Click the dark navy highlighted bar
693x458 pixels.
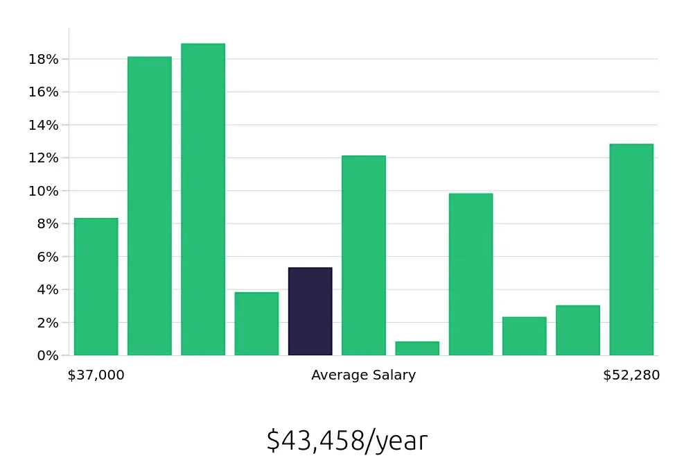click(x=310, y=312)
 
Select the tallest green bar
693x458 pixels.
click(x=203, y=199)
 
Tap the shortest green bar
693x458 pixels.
click(x=417, y=348)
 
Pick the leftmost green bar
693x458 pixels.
click(x=96, y=287)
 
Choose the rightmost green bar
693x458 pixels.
click(x=631, y=250)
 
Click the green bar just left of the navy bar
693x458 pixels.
click(x=256, y=323)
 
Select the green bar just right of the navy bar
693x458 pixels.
click(x=364, y=255)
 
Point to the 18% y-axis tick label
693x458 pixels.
click(x=43, y=59)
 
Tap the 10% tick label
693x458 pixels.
click(x=43, y=191)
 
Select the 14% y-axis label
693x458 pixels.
click(x=43, y=125)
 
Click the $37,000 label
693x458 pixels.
click(x=96, y=375)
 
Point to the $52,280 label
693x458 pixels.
click(x=631, y=375)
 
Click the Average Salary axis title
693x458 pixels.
click(x=363, y=375)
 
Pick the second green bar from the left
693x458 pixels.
click(x=150, y=206)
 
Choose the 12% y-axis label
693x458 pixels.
click(x=43, y=158)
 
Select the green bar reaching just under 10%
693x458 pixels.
click(x=471, y=274)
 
